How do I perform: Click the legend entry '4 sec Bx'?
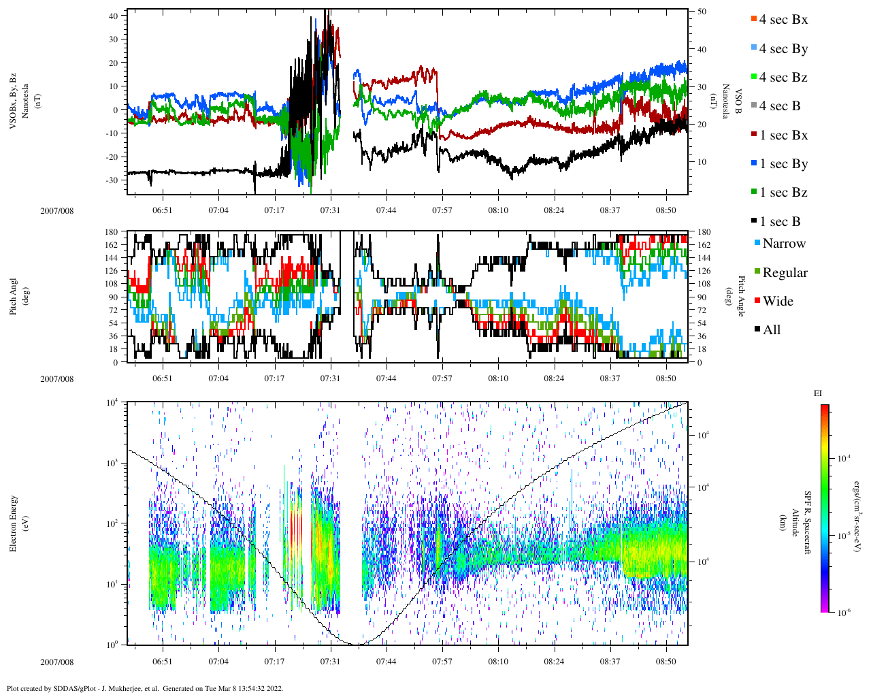(x=783, y=20)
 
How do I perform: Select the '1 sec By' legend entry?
(x=783, y=164)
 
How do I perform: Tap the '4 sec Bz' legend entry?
(x=783, y=78)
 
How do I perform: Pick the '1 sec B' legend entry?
(x=780, y=222)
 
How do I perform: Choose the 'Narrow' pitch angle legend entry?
(x=783, y=244)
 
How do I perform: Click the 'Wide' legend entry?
(x=778, y=302)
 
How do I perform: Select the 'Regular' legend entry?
(x=785, y=273)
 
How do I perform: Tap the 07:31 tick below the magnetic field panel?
(x=330, y=210)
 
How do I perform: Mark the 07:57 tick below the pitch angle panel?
(x=442, y=378)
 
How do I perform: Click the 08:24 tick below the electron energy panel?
(x=555, y=662)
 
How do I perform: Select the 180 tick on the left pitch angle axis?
(x=112, y=232)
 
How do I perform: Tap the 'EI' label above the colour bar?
(x=818, y=393)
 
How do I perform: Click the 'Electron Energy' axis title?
(x=14, y=523)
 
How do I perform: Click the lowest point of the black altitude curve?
(x=357, y=644)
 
